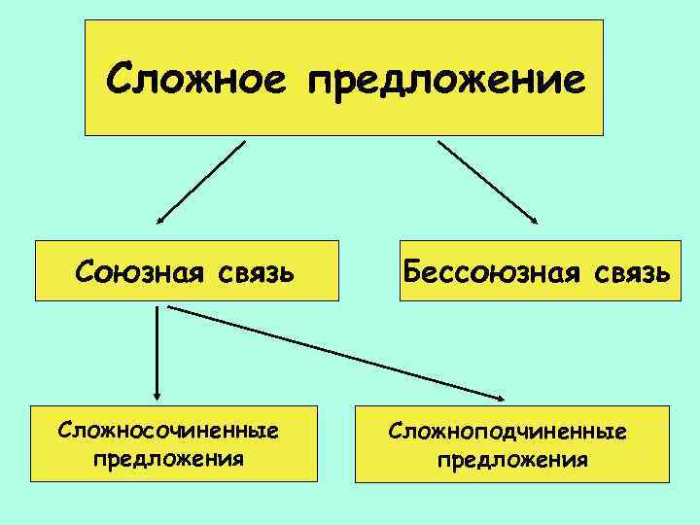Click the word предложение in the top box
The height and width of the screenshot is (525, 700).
(447, 80)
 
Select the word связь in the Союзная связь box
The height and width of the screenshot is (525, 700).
(253, 272)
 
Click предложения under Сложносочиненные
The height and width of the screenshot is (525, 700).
(168, 457)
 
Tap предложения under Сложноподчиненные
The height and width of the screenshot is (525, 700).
(512, 458)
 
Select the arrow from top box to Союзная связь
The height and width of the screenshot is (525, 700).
(202, 182)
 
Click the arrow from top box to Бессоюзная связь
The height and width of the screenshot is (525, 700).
(486, 183)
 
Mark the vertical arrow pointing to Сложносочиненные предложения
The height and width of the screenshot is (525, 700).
(157, 350)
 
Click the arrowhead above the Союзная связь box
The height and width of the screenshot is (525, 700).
(161, 221)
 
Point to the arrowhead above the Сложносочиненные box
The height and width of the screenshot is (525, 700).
(157, 392)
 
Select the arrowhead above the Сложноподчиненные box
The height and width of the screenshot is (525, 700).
(498, 397)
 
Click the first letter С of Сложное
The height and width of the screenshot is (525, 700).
(120, 76)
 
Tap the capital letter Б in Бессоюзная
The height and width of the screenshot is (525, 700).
(417, 270)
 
